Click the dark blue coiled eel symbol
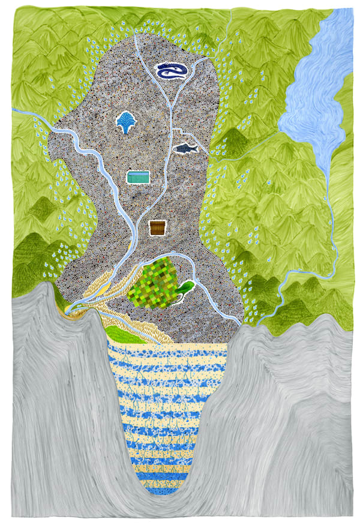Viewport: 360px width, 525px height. (171, 71)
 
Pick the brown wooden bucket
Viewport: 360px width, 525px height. (157, 228)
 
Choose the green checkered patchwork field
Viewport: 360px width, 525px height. (154, 281)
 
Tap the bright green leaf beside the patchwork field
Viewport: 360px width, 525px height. (185, 287)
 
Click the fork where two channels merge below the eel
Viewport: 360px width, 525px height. (172, 103)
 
